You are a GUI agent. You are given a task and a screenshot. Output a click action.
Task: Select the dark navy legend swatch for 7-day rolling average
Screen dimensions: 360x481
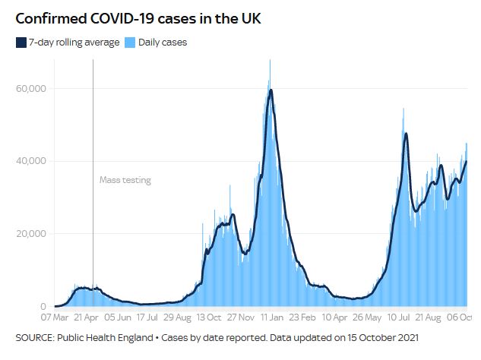[x=21, y=43]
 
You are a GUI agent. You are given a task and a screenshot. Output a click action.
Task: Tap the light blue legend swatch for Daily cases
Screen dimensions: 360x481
[x=131, y=43]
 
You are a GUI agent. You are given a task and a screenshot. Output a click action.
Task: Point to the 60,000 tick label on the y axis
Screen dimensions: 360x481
[x=31, y=89]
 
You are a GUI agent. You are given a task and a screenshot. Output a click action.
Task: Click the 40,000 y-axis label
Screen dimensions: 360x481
[x=31, y=161]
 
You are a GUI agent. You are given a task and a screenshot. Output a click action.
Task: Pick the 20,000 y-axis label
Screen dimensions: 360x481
[x=31, y=234]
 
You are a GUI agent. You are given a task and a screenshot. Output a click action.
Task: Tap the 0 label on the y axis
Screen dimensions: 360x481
[x=43, y=306]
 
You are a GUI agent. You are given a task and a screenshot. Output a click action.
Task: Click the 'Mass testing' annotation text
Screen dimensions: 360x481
[x=125, y=180]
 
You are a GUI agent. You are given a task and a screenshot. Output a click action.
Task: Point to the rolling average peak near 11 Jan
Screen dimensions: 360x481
[x=271, y=90]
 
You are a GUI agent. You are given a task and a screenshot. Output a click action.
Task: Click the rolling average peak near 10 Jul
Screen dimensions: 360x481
[x=407, y=134]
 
